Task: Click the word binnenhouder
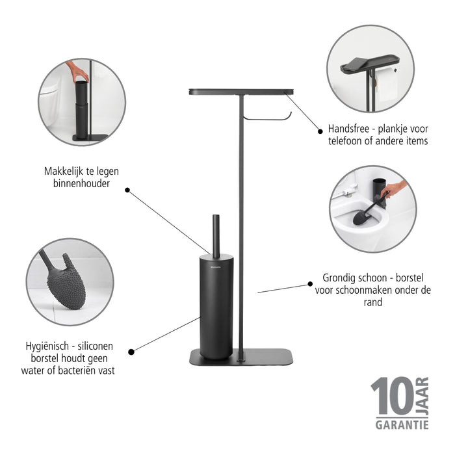[81, 184]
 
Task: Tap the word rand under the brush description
[372, 302]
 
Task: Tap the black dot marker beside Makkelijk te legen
[127, 190]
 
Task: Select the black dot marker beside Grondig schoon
[308, 284]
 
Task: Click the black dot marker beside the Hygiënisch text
[131, 352]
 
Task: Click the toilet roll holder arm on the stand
[267, 117]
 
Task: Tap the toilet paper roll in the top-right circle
[387, 84]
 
